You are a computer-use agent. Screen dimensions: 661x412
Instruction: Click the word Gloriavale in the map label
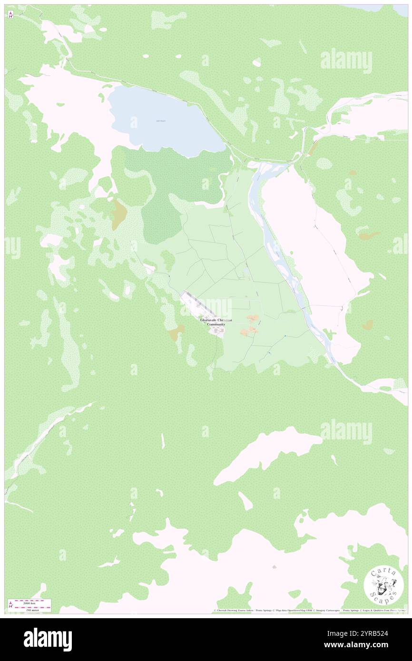(x=209, y=321)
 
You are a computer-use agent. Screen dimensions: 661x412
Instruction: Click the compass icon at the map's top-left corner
(x=10, y=15)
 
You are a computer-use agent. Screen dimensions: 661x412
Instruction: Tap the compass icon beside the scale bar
(x=10, y=604)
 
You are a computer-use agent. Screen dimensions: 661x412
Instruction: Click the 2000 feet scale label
(x=32, y=602)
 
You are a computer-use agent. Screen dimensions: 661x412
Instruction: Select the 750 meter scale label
(x=32, y=609)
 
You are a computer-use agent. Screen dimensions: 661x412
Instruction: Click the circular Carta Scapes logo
(x=383, y=585)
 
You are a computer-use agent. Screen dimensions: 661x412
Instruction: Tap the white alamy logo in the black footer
(x=48, y=640)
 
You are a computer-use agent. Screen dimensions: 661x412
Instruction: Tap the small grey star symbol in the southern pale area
(x=274, y=567)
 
